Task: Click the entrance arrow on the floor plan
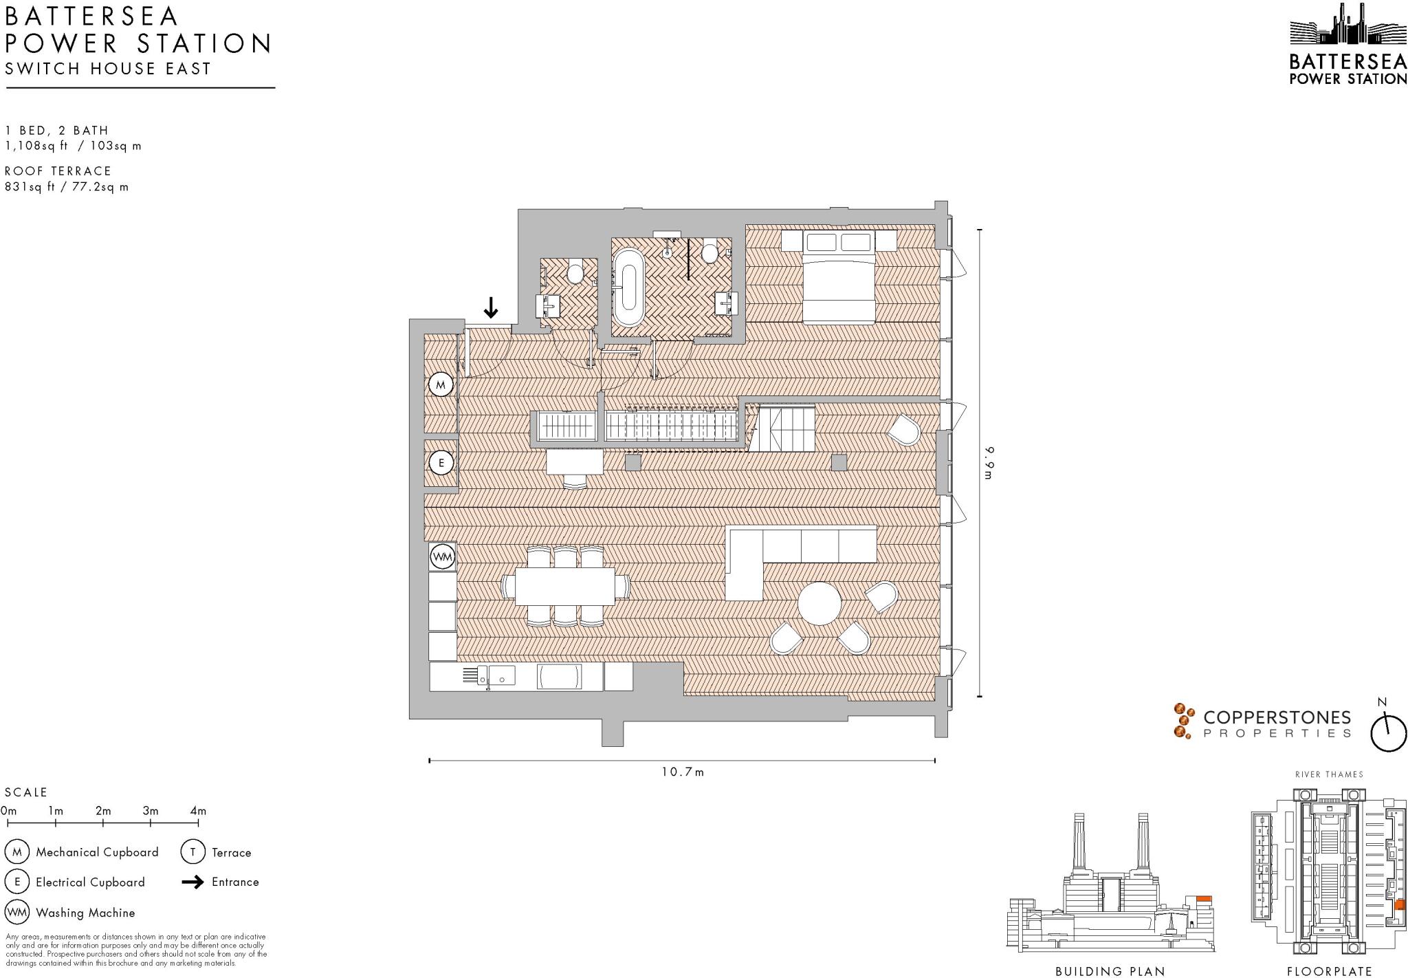coord(490,307)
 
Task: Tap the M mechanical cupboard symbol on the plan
coord(441,385)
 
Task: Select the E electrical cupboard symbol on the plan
coord(441,463)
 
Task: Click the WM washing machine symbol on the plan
coord(443,556)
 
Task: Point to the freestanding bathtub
coord(628,287)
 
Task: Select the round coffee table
coord(819,603)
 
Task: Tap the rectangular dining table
coord(564,586)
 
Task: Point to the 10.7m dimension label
coord(683,772)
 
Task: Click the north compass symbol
coord(1388,733)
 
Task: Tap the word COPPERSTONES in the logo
coord(1277,717)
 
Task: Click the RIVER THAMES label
coord(1329,774)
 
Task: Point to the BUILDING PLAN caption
coord(1110,971)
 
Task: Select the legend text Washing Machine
coord(85,913)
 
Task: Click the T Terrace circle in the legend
coord(192,852)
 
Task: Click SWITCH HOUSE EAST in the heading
coord(108,69)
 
